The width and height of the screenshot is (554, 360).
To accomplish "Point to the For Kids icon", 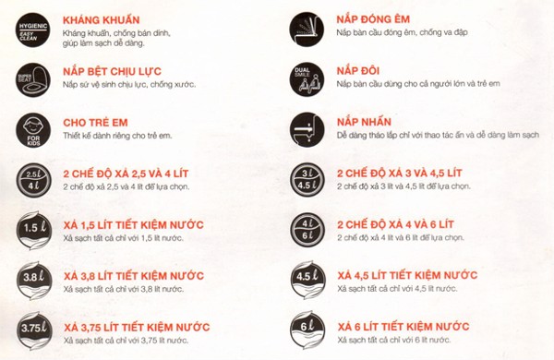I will pos(33,130).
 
